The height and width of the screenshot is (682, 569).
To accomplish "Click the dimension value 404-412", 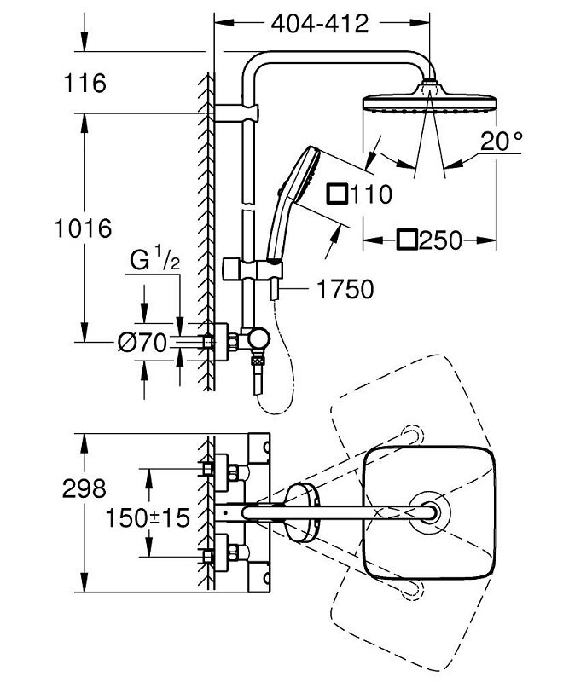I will [320, 24].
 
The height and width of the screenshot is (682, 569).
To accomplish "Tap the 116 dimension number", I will [83, 84].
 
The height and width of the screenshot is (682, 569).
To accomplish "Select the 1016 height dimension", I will [82, 228].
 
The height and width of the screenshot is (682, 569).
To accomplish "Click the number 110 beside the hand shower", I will [369, 194].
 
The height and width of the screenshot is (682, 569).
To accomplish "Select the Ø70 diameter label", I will [141, 343].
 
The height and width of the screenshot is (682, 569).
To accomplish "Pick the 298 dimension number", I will [83, 488].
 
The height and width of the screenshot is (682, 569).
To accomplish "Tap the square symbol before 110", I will [338, 194].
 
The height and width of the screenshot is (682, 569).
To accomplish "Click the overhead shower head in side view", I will [430, 106].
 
